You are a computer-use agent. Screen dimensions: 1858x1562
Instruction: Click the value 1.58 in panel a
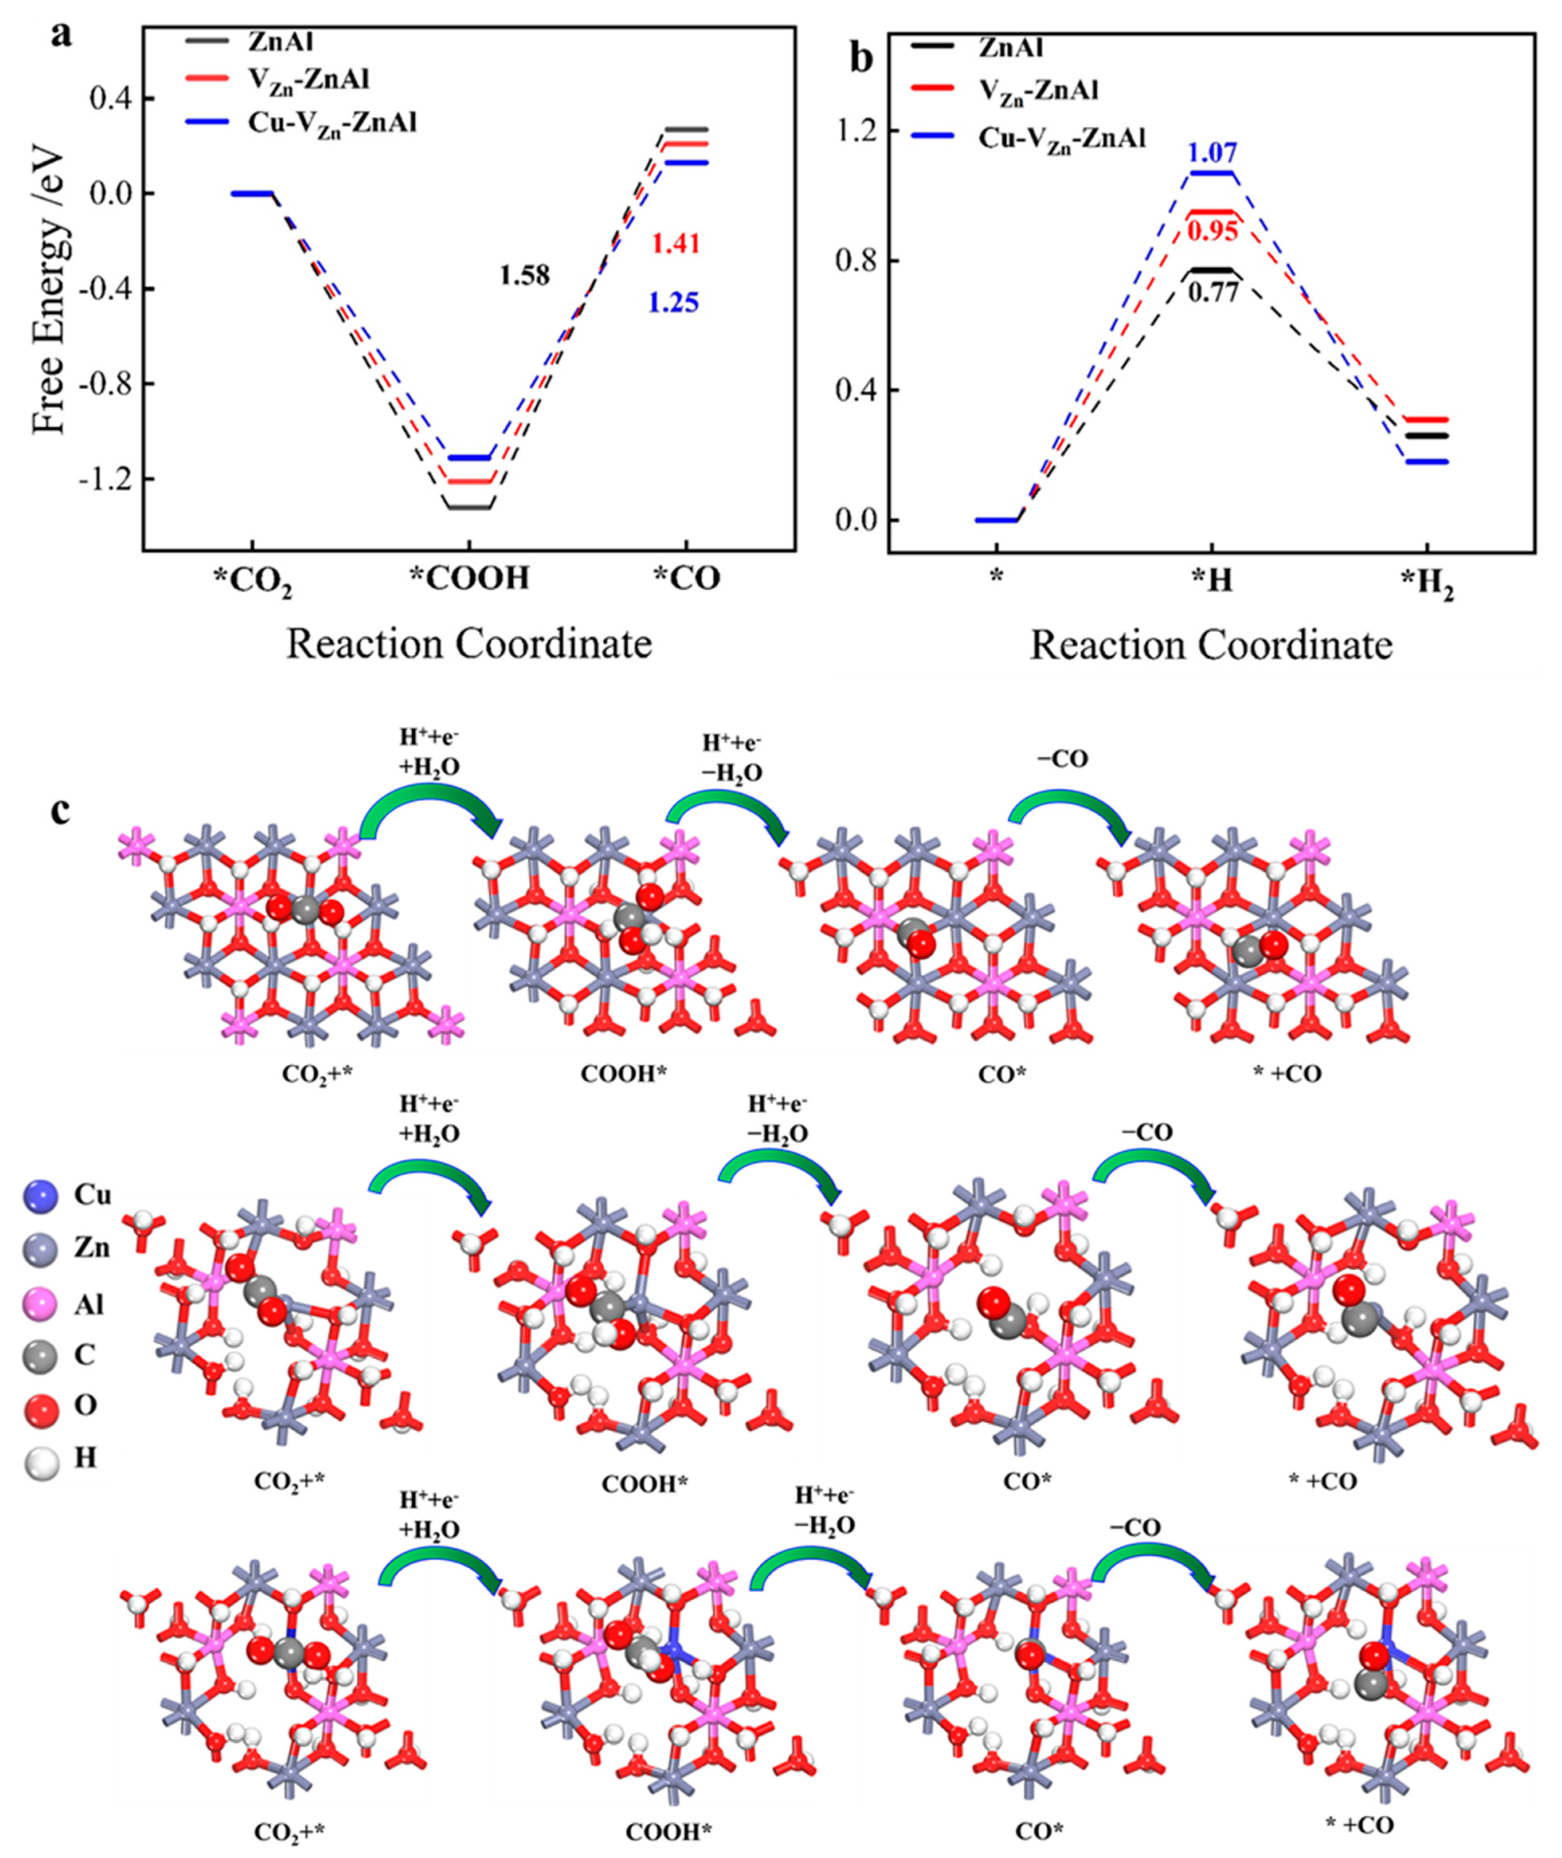tap(524, 275)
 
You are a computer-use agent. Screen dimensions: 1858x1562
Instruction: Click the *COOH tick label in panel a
tap(469, 579)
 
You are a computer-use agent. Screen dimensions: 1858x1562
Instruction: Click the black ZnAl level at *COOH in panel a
tap(469, 507)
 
